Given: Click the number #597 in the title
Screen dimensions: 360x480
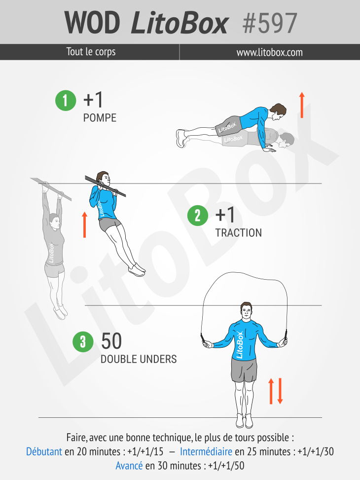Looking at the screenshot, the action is (270, 23).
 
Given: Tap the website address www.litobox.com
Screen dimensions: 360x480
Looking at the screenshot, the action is (269, 52).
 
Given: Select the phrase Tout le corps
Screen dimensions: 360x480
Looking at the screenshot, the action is (91, 52).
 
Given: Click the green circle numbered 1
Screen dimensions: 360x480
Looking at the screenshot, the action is (66, 101).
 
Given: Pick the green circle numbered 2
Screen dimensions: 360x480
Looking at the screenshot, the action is (198, 216).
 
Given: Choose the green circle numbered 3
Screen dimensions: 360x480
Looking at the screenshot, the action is (83, 342).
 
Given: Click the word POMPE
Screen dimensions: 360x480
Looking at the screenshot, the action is (100, 118).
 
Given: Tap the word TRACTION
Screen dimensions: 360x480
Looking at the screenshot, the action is (239, 233).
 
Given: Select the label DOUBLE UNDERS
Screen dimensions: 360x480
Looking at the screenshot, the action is (139, 359).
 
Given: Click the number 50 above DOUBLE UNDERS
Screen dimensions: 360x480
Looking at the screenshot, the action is (111, 341).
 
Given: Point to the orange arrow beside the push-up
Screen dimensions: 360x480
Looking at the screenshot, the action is (302, 105).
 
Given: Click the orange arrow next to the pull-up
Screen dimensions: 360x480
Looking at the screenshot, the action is (84, 224).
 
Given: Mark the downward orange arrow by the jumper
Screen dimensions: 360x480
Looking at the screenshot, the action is (280, 391).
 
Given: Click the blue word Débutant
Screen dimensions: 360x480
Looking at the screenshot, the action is (44, 451).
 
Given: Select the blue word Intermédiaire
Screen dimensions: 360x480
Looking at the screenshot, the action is (206, 451).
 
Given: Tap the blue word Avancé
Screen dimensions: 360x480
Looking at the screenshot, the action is (129, 466).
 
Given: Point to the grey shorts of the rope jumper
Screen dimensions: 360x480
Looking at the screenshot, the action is (244, 370).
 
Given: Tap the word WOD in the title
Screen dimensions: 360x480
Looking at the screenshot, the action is (92, 23).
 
